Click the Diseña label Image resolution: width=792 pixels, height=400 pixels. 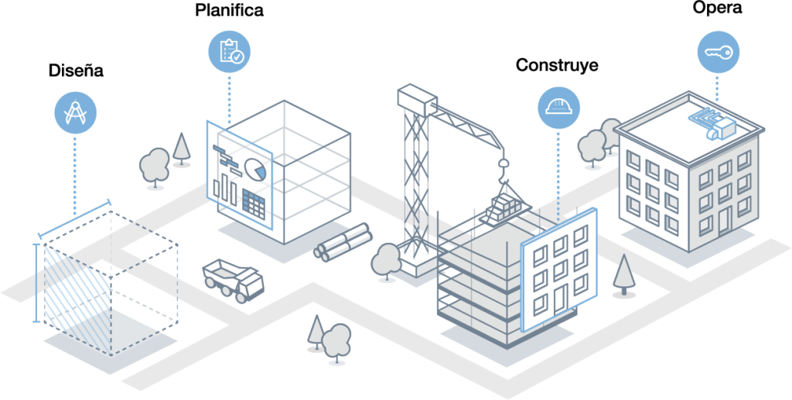76,71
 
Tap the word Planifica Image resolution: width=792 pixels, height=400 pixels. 230,11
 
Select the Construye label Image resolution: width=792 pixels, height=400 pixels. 557,65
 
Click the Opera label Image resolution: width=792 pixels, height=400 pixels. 718,9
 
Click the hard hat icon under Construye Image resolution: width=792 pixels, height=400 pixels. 558,107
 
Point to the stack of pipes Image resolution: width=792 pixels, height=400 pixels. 343,242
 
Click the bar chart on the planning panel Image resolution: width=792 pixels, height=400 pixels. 224,187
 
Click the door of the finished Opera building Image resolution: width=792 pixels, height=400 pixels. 724,220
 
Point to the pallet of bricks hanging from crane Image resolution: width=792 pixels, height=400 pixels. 507,205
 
